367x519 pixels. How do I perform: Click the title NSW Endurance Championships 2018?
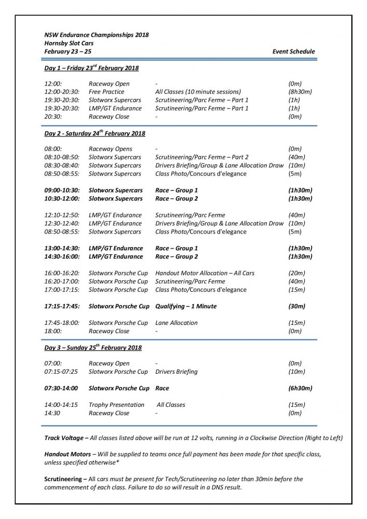pos(96,35)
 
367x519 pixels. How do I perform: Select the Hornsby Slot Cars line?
pos(69,43)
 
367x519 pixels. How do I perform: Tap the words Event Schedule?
pos(293,51)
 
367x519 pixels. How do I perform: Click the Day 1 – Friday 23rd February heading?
pos(91,68)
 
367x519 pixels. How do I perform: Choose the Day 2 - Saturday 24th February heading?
pos(94,133)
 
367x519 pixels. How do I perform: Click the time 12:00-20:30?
pos(62,92)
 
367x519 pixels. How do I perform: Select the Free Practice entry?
pos(106,92)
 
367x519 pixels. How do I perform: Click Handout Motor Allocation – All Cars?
pos(205,273)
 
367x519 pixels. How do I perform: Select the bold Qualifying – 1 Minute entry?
pos(186,306)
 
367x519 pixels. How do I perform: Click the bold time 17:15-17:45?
pos(62,306)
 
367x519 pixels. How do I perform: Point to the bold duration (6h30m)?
pos(300,388)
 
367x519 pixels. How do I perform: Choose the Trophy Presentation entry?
pos(116,405)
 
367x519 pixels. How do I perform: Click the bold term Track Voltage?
pos(65,438)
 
